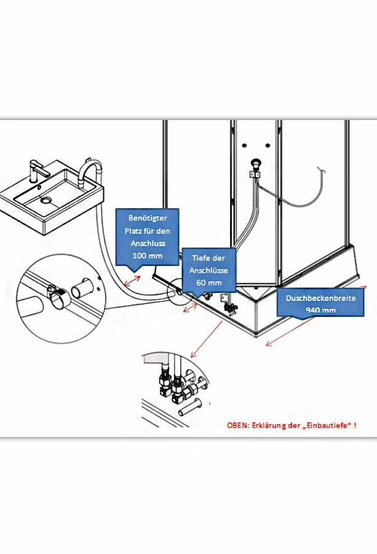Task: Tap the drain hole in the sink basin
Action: tap(46, 200)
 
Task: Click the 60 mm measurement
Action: tap(209, 282)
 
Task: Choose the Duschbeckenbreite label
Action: tap(321, 298)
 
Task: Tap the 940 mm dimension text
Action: tap(321, 310)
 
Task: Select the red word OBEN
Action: tap(237, 425)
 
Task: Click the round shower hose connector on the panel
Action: tap(255, 165)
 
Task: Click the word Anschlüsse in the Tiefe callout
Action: tap(209, 270)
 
